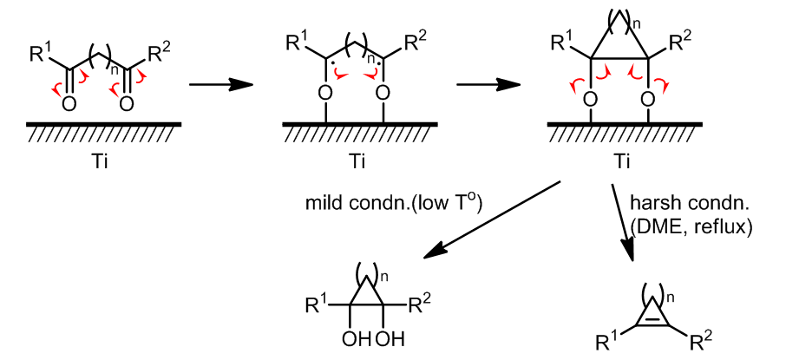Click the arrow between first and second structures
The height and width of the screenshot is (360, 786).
(x=219, y=85)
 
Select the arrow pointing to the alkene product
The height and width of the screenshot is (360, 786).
(x=622, y=220)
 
